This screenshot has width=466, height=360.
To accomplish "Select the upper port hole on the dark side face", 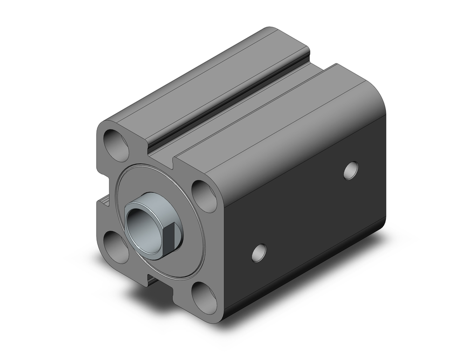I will pos(351,170).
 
